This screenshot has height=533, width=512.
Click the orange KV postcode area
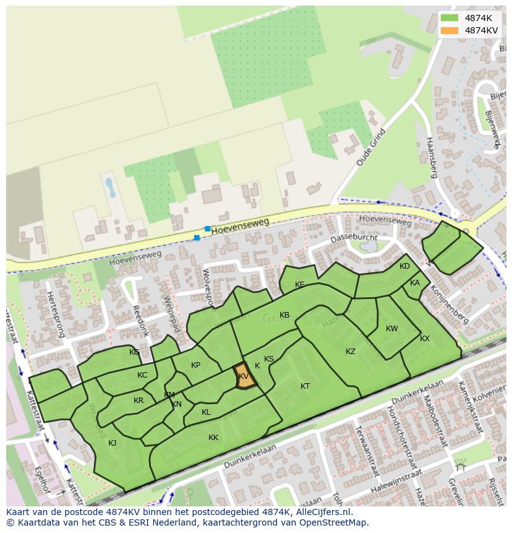pos(245,377)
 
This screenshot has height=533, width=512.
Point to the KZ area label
pos(351,352)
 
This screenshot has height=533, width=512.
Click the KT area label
pos(305,386)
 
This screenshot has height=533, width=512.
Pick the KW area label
pos(392,329)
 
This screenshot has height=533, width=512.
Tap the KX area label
pos(425,339)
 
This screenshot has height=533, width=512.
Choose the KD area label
pos(404,266)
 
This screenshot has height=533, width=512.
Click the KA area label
pos(415,283)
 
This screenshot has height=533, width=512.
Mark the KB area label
pos(284,315)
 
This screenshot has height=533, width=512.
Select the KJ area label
pos(112,443)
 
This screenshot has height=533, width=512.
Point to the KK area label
pos(213,438)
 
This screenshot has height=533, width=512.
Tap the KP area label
pos(196,365)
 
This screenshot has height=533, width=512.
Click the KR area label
pos(139,401)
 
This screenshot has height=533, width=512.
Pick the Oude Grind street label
pos(371,147)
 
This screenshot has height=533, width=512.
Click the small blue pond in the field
pos(110,187)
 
